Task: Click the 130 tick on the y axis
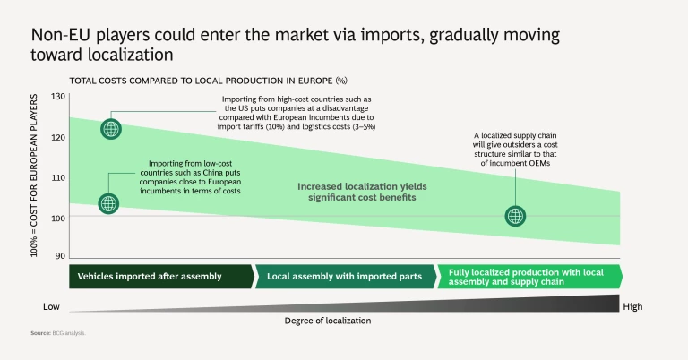(x=59, y=97)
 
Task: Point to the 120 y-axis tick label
(x=59, y=137)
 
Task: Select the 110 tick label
(x=59, y=177)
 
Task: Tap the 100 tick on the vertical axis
(x=59, y=218)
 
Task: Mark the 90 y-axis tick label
(x=61, y=257)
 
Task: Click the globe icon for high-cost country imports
(x=110, y=128)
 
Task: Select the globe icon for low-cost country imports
(x=108, y=204)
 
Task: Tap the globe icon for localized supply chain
(x=515, y=215)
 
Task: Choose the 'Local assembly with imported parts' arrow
(x=345, y=276)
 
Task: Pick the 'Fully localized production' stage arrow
(x=529, y=276)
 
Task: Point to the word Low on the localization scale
(x=52, y=306)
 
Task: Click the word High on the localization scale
(x=632, y=306)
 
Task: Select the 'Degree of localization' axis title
(x=327, y=320)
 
